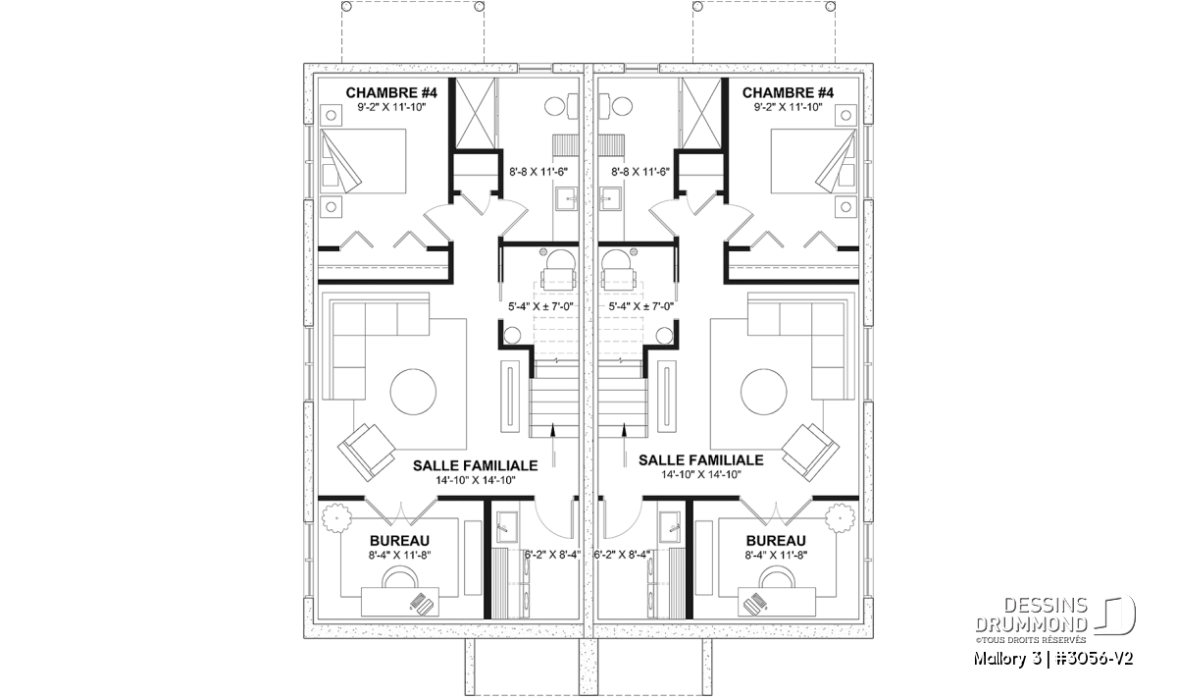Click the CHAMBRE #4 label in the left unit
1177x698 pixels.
(391, 93)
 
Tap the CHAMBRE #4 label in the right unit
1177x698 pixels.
(788, 93)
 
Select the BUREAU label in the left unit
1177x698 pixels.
(399, 541)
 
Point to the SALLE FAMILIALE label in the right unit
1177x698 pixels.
(701, 460)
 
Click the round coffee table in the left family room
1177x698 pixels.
(413, 392)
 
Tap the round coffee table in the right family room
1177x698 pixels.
(764, 392)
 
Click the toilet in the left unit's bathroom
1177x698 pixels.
(561, 106)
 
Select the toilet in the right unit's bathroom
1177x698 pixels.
(616, 106)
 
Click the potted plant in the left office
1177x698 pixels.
(336, 518)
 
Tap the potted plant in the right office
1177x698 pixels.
(841, 518)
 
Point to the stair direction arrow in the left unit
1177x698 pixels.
(553, 445)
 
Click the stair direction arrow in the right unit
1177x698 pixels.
(624, 445)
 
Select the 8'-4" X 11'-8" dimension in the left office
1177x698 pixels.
(400, 555)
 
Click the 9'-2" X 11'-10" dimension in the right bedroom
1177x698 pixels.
(788, 107)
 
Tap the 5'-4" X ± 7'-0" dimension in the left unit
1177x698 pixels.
(540, 306)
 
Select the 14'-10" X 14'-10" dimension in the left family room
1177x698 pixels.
(476, 480)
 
